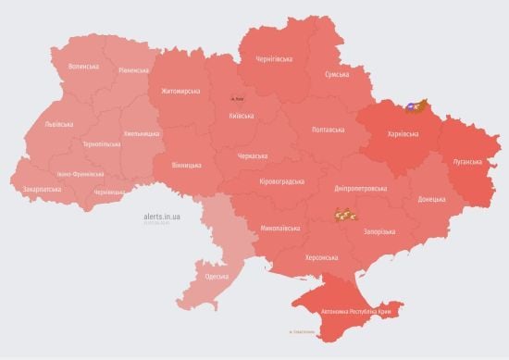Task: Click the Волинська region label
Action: [83, 67]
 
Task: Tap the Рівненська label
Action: [134, 70]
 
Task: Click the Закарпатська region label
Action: [43, 188]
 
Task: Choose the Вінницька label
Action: [186, 165]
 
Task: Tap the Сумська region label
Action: [338, 75]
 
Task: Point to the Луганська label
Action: [465, 161]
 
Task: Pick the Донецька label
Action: [431, 199]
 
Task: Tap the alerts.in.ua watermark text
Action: [162, 215]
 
